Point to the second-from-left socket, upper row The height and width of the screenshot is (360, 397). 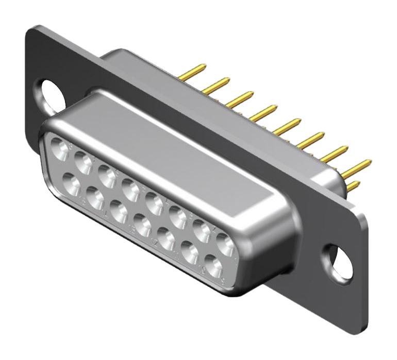click(83, 161)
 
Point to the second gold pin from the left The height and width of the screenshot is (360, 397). click(219, 83)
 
